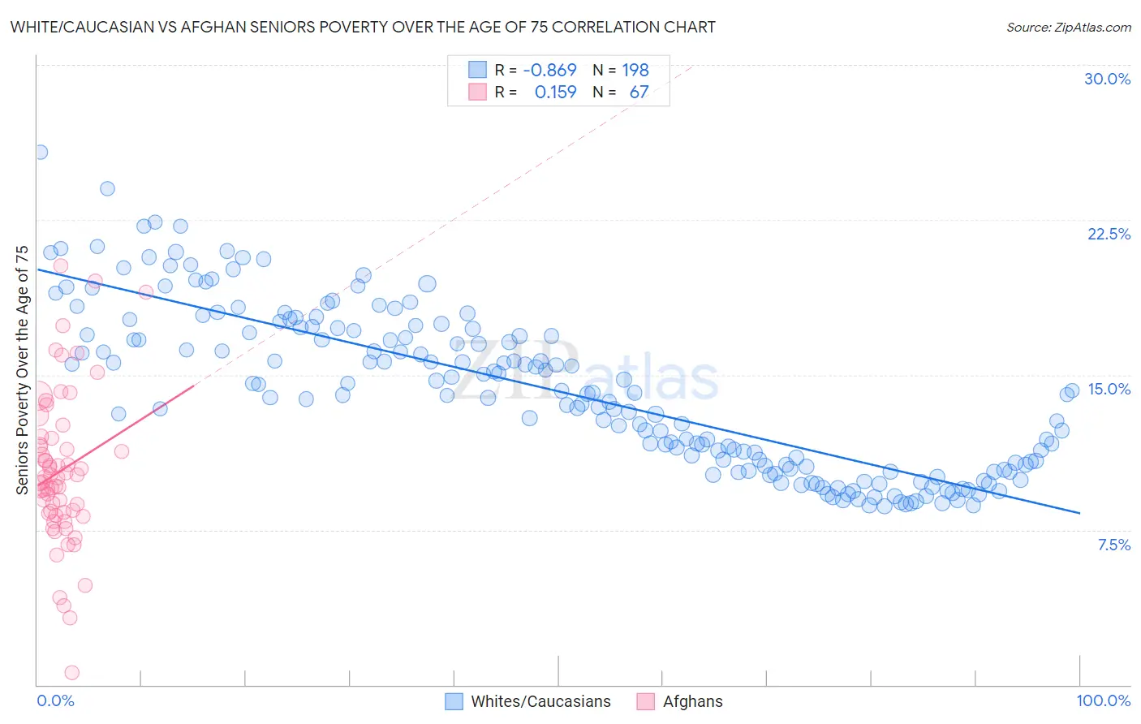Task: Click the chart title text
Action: (362, 27)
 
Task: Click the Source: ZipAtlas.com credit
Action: (1068, 27)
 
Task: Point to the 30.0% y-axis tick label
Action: (1107, 79)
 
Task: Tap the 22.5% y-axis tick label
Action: (1109, 234)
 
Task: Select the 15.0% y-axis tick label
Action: (1109, 389)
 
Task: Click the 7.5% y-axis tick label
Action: (1113, 545)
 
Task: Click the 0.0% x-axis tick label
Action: (55, 700)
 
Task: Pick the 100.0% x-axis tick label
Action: (1103, 700)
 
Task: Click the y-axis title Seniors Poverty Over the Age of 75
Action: (23, 369)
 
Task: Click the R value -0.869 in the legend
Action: (549, 71)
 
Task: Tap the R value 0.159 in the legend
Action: (555, 93)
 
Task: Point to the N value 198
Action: (635, 71)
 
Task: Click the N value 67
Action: (639, 93)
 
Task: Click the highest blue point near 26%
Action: (40, 152)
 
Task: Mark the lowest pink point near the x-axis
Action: (71, 672)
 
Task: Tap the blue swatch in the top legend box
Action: (477, 71)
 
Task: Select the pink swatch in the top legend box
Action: (477, 93)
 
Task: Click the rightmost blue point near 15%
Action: (1072, 390)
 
